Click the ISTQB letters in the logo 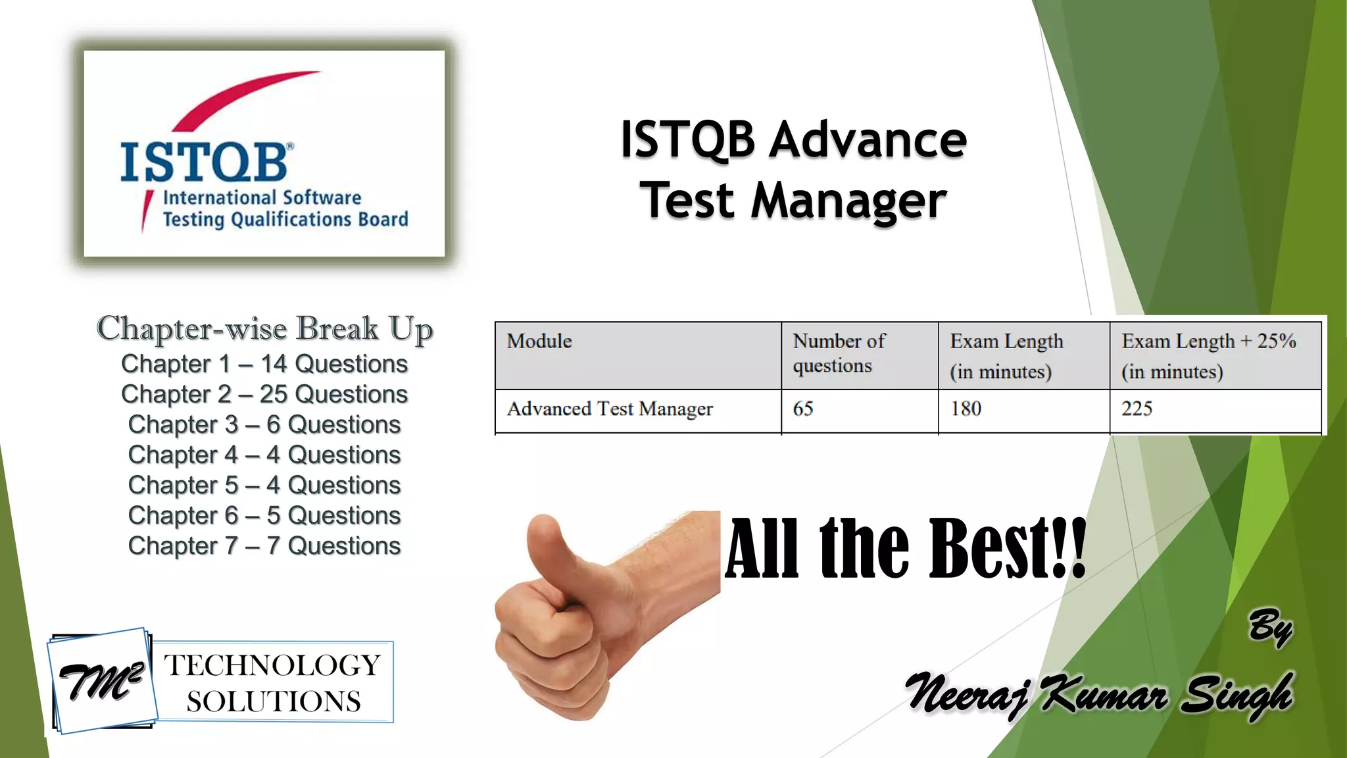pyautogui.click(x=204, y=162)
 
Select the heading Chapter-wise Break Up pyautogui.click(x=264, y=329)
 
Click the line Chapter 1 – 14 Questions pyautogui.click(x=264, y=364)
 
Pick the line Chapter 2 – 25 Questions pyautogui.click(x=264, y=394)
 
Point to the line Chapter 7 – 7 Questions pyautogui.click(x=264, y=545)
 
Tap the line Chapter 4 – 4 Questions pyautogui.click(x=264, y=455)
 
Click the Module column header pyautogui.click(x=539, y=341)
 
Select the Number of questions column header pyautogui.click(x=839, y=353)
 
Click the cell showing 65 pyautogui.click(x=803, y=409)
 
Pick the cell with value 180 pyautogui.click(x=966, y=409)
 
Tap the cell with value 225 pyautogui.click(x=1137, y=409)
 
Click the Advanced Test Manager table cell pyautogui.click(x=610, y=409)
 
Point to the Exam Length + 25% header pyautogui.click(x=1208, y=355)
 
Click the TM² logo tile pyautogui.click(x=102, y=682)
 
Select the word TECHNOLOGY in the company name pyautogui.click(x=272, y=665)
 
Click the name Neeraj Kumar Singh pyautogui.click(x=1098, y=694)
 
